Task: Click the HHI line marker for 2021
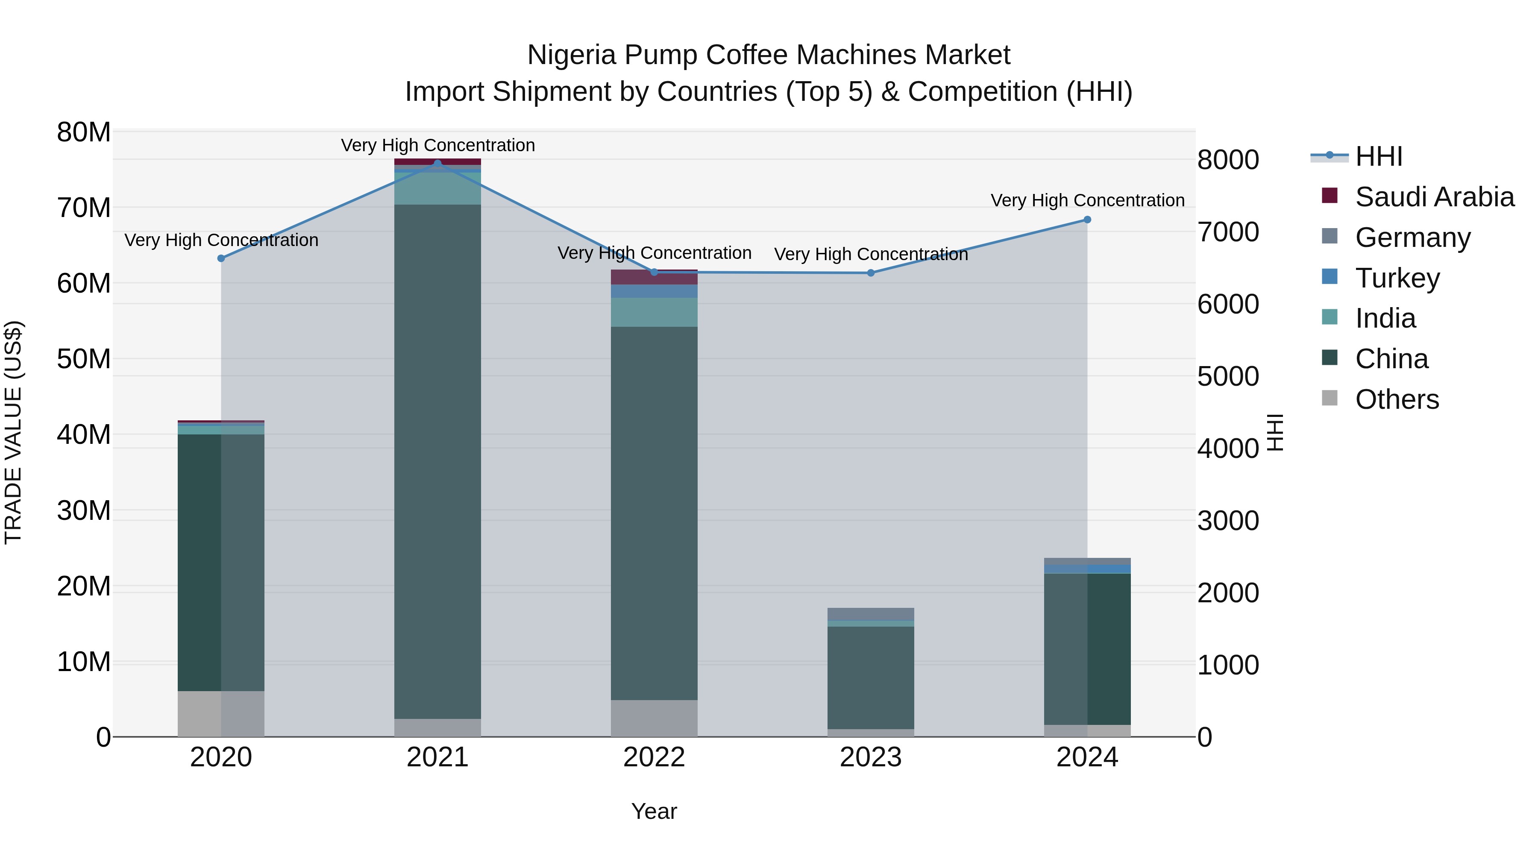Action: coord(437,163)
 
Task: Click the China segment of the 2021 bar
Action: coord(437,460)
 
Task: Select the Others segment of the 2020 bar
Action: coord(221,713)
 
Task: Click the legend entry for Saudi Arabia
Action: coord(1434,197)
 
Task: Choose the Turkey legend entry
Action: coord(1397,278)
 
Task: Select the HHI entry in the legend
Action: coord(1379,156)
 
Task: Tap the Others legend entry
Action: coord(1397,399)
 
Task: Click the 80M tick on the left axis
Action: coord(84,132)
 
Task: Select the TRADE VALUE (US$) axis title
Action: coord(13,432)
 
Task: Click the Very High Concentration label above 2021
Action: coord(437,145)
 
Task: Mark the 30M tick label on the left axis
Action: coord(84,511)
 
